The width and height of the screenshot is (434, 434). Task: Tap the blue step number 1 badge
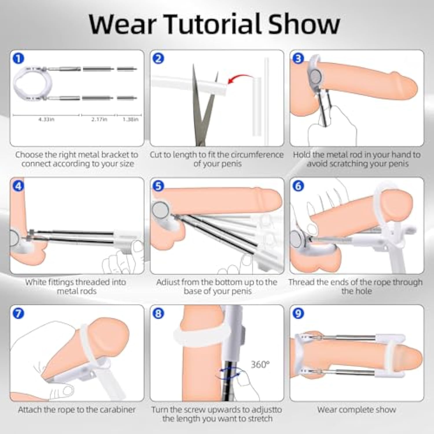point(18,58)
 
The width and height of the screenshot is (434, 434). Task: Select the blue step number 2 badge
point(158,58)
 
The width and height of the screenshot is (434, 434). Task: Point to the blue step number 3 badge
point(298,58)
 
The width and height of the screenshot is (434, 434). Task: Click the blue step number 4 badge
point(18,186)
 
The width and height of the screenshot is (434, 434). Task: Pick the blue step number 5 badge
point(158,186)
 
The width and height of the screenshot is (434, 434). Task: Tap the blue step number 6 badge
point(298,186)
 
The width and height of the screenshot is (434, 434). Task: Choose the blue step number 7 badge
point(18,313)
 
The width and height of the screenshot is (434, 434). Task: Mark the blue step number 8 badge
point(158,313)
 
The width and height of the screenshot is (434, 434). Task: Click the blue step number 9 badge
point(298,313)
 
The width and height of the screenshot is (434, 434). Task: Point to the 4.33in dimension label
point(46,119)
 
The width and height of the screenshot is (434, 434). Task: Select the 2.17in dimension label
point(99,119)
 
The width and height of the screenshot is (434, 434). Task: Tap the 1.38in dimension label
point(130,119)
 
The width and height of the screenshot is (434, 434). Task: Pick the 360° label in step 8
point(260,364)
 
